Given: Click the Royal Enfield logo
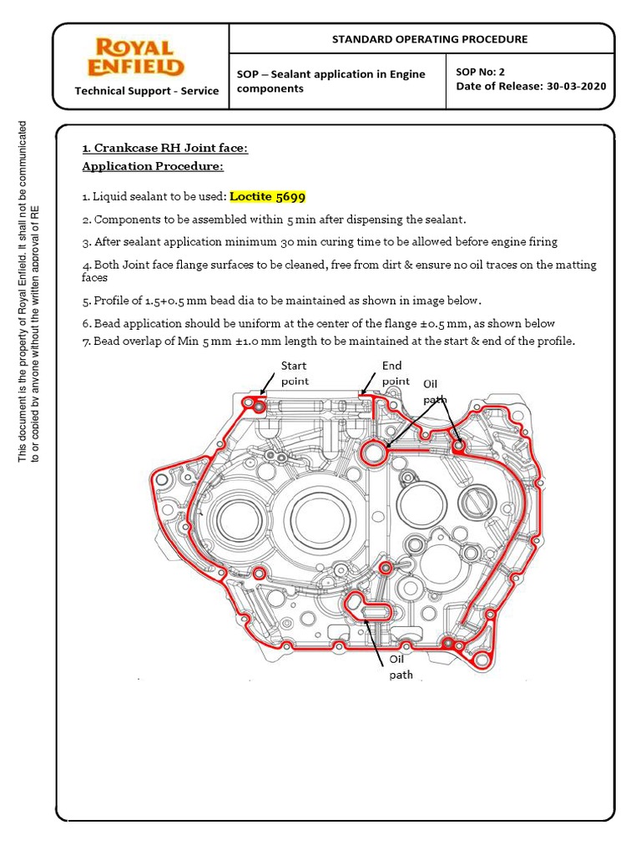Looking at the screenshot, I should (139, 57).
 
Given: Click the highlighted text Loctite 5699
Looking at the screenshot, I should (268, 197).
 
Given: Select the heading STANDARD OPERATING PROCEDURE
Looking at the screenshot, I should (430, 39).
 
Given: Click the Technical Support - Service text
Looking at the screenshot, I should (147, 91).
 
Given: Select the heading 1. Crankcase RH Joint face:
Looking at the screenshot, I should (164, 149).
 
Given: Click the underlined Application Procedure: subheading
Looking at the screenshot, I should (152, 166).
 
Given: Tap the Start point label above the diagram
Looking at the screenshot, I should (294, 373).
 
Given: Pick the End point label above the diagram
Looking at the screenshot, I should (396, 373).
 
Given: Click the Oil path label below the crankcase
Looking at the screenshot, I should (400, 666).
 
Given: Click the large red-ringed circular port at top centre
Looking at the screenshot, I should (373, 452).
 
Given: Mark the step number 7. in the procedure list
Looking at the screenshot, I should (86, 341).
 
